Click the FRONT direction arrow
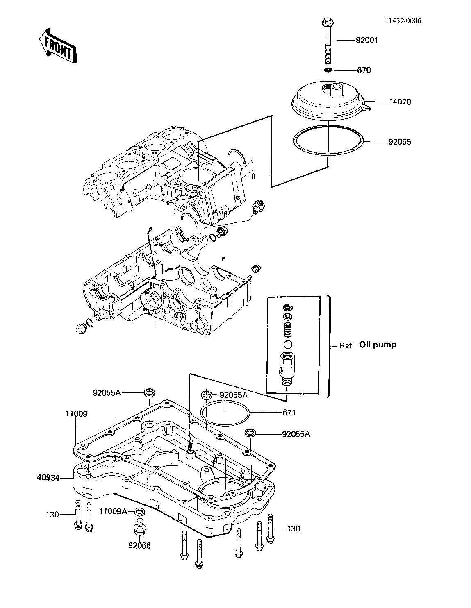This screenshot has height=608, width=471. coord(58,46)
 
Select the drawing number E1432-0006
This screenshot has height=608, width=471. coord(403,21)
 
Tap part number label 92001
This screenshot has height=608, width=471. coord(366,40)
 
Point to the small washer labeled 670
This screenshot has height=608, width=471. coord(328,70)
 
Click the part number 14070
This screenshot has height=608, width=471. coord(400,102)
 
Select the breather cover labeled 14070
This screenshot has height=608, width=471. coord(330,101)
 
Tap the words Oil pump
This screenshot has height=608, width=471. coord(378,345)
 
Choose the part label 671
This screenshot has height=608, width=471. coord(289,413)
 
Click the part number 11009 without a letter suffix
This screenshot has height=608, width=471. coord(76,413)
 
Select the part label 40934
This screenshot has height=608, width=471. coord(48,478)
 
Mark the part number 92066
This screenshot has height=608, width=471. coord(139,546)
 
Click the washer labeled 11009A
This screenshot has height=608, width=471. coord(139,512)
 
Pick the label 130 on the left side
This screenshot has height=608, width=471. coord(52,515)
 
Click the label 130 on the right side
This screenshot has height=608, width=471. coord(293,529)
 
